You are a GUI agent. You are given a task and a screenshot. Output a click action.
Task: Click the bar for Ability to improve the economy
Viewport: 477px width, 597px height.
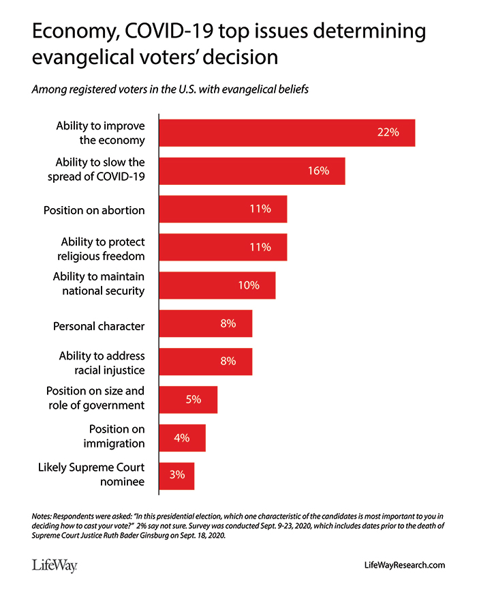pos(286,132)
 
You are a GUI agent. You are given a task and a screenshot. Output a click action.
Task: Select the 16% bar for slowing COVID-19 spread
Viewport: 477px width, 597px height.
pos(252,171)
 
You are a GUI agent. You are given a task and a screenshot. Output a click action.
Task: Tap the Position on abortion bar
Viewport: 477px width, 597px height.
pos(223,209)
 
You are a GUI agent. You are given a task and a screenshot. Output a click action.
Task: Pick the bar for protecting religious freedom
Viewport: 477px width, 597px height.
pos(223,247)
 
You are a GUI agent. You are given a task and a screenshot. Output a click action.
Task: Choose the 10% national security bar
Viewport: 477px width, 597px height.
pos(217,285)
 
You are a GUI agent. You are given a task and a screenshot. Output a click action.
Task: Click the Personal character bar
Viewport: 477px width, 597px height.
pos(205,323)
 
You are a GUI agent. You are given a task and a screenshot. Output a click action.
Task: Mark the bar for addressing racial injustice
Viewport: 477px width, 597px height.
pos(205,362)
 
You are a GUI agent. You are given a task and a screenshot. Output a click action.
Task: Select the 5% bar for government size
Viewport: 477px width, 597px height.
pos(188,400)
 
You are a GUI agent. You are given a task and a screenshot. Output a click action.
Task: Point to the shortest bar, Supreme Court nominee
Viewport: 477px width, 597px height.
pos(176,476)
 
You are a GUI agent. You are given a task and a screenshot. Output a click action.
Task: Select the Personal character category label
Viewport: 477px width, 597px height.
pos(99,326)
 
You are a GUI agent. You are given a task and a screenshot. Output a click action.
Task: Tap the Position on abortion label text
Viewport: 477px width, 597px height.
pos(94,210)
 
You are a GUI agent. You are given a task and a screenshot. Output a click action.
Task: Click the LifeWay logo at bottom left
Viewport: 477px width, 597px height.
pos(54,565)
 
